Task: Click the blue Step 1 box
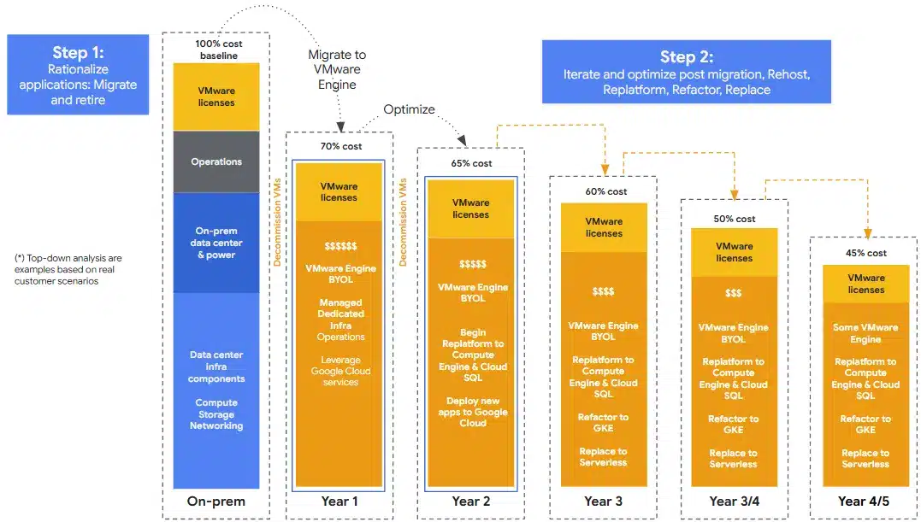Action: (78, 74)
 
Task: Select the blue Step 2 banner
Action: (686, 72)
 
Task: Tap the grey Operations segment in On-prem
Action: (216, 161)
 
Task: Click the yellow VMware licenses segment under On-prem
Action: (216, 97)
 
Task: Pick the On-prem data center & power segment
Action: (216, 243)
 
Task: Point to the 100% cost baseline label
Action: (219, 50)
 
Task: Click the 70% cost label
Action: (340, 146)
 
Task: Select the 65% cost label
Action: (471, 163)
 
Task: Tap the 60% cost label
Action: (605, 191)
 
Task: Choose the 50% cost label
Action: (735, 219)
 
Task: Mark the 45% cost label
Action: (865, 253)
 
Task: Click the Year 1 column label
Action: (339, 501)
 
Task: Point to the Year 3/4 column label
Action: (735, 501)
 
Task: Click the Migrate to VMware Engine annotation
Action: (337, 70)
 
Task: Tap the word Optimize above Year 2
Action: (409, 109)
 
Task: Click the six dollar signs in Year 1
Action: (340, 246)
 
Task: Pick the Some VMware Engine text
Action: (865, 333)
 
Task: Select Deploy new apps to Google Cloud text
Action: (473, 412)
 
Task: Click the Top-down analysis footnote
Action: (68, 269)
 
